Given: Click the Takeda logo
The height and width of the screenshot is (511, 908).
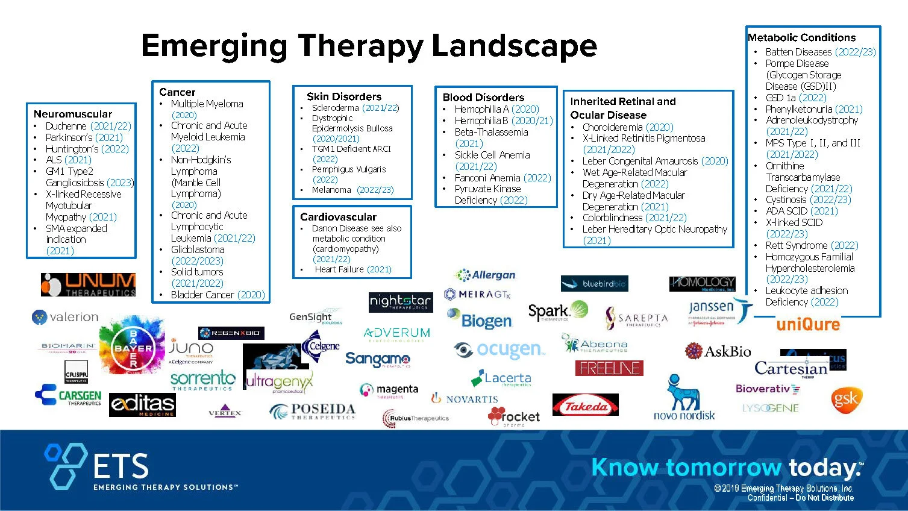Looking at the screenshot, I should pos(585,406).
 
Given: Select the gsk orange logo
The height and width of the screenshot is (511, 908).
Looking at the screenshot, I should pos(846,400).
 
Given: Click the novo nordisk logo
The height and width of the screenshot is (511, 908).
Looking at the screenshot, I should pos(684,398).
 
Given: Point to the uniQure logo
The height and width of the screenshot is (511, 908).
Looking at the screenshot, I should pos(807,324).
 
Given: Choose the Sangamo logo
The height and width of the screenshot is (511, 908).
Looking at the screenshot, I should pos(378,359).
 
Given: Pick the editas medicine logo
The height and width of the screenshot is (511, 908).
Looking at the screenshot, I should pos(142,404).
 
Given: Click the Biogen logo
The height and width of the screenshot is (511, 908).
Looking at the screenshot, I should pos(480,319).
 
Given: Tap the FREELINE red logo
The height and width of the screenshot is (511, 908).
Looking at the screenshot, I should pos(609,368).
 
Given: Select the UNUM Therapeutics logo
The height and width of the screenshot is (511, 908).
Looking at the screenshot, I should pos(89,284).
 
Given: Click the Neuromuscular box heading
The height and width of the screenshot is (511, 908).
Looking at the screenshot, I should pos(73,114).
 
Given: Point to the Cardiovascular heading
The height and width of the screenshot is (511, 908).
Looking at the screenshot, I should pos(338,217).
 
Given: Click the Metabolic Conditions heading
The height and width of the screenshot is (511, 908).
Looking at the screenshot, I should pos(801,37).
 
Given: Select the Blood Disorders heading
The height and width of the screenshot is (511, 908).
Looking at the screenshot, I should pos(483,97).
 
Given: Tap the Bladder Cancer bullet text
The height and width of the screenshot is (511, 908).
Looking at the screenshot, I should pos(218,295).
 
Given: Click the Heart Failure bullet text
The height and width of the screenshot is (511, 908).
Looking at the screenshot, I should pos(352,269).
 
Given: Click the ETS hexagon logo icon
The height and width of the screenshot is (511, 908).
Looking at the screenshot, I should pos(65,465).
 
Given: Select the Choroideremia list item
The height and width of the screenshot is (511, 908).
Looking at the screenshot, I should pos(627,127).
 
